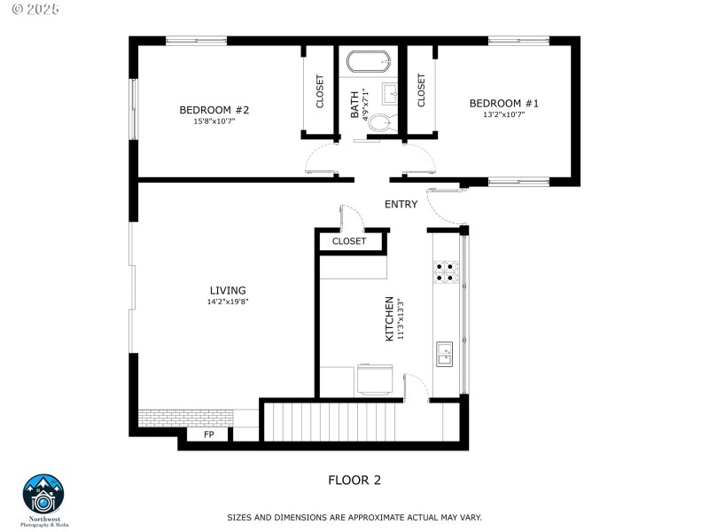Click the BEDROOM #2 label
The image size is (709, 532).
tap(214, 110)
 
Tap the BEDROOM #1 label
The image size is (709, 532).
tap(503, 104)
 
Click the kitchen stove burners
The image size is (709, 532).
tap(445, 271)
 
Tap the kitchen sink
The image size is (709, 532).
tap(444, 354)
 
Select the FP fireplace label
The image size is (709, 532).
tap(209, 435)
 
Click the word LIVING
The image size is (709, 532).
tap(228, 290)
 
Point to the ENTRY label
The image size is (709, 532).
tap(401, 205)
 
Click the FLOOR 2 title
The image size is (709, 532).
tap(354, 480)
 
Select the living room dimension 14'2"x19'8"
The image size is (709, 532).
tap(228, 301)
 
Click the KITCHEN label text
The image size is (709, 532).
tap(389, 319)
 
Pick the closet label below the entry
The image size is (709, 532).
tap(349, 241)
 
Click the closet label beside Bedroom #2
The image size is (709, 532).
tap(320, 91)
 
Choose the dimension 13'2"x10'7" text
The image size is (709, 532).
tap(503, 114)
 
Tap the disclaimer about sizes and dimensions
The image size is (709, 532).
tap(354, 517)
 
